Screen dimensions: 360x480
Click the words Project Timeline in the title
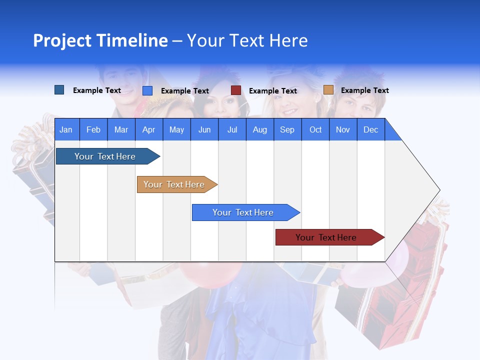coord(100,40)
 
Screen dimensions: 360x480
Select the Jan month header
coord(66,129)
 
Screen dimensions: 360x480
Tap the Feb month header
coord(93,129)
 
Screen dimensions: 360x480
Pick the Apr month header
coord(148,129)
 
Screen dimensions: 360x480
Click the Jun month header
coord(204,129)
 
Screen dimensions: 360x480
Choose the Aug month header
coord(259,129)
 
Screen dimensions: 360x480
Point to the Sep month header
coord(287,129)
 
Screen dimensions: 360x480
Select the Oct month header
coord(315,129)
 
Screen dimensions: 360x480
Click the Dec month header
coord(370,129)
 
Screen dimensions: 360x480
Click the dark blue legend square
coord(59,90)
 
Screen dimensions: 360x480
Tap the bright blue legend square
coord(147,90)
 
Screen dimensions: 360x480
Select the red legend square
coord(236,90)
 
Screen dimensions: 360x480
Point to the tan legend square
coord(328,90)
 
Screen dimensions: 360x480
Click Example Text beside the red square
coord(273,90)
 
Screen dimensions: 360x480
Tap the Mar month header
coord(121,129)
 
